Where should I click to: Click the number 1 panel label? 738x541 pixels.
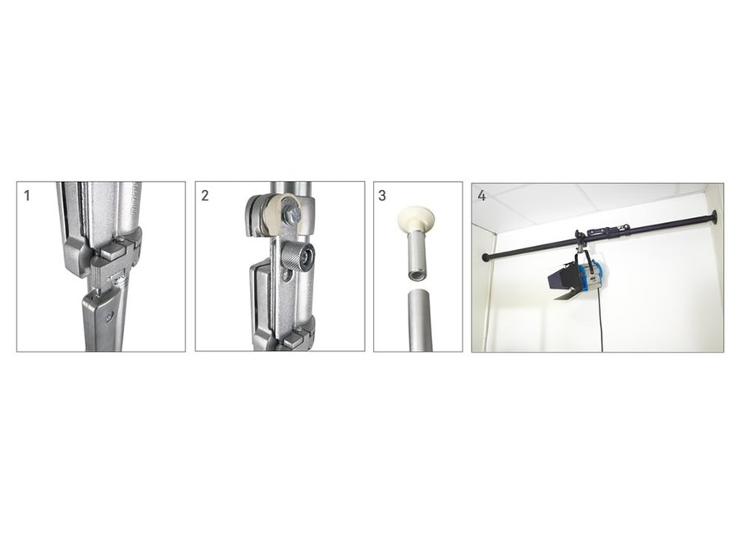(27, 195)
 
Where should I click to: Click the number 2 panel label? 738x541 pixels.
(205, 195)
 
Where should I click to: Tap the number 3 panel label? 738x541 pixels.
(382, 195)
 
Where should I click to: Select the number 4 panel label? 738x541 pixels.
(481, 195)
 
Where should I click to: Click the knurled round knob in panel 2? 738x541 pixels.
(297, 257)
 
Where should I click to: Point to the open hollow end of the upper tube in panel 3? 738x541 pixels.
(415, 275)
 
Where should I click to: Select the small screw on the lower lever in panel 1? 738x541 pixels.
(110, 317)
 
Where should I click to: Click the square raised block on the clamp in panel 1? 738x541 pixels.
(113, 248)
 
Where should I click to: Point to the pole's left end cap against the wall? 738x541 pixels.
(485, 257)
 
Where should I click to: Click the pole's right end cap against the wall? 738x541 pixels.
(714, 217)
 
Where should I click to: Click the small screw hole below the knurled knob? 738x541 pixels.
(285, 276)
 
